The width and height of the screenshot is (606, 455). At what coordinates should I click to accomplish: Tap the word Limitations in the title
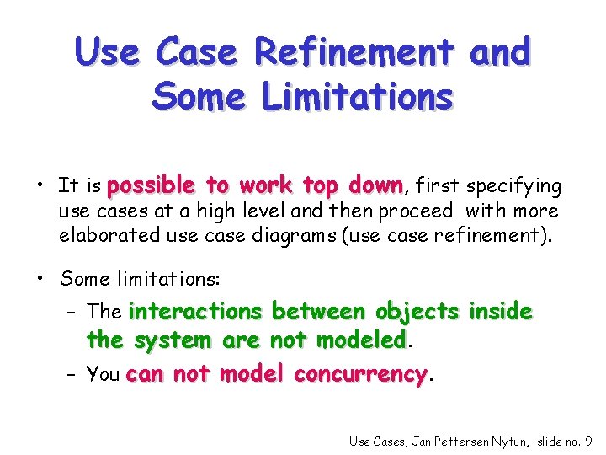tap(358, 97)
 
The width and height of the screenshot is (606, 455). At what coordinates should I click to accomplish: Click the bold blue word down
tap(370, 185)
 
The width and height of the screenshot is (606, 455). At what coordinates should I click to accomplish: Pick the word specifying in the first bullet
tap(513, 186)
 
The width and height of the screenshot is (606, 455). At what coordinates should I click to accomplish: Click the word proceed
tap(416, 210)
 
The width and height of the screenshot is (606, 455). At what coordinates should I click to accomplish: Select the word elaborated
tap(109, 234)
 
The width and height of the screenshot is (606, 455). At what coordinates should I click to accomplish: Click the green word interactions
tap(195, 312)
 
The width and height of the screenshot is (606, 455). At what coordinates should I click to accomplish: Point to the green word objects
tap(417, 312)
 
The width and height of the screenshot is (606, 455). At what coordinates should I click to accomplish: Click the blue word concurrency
tap(361, 374)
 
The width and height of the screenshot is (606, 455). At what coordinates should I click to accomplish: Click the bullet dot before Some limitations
tap(40, 279)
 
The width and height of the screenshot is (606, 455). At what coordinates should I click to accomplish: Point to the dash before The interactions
tap(75, 313)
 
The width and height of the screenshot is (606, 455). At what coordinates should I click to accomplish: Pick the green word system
tap(173, 340)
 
